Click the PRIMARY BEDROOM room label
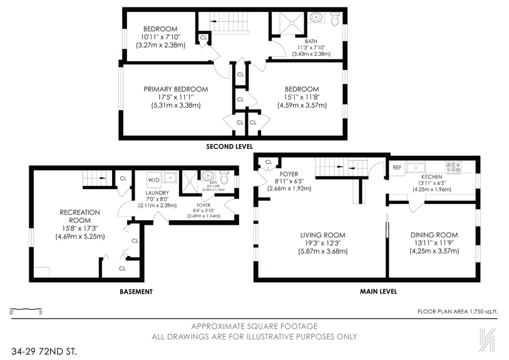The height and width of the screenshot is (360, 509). tap(175, 89)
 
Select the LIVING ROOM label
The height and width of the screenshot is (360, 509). tap(322, 235)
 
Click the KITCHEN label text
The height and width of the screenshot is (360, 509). tap(431, 177)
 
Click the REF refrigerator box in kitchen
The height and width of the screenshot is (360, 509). tap(396, 168)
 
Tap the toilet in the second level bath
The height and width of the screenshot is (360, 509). tap(335, 19)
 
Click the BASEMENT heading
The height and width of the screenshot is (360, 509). tap(136, 292)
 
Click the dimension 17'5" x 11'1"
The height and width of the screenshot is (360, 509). tap(175, 97)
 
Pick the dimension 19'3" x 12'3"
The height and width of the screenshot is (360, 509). tap(322, 243)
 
